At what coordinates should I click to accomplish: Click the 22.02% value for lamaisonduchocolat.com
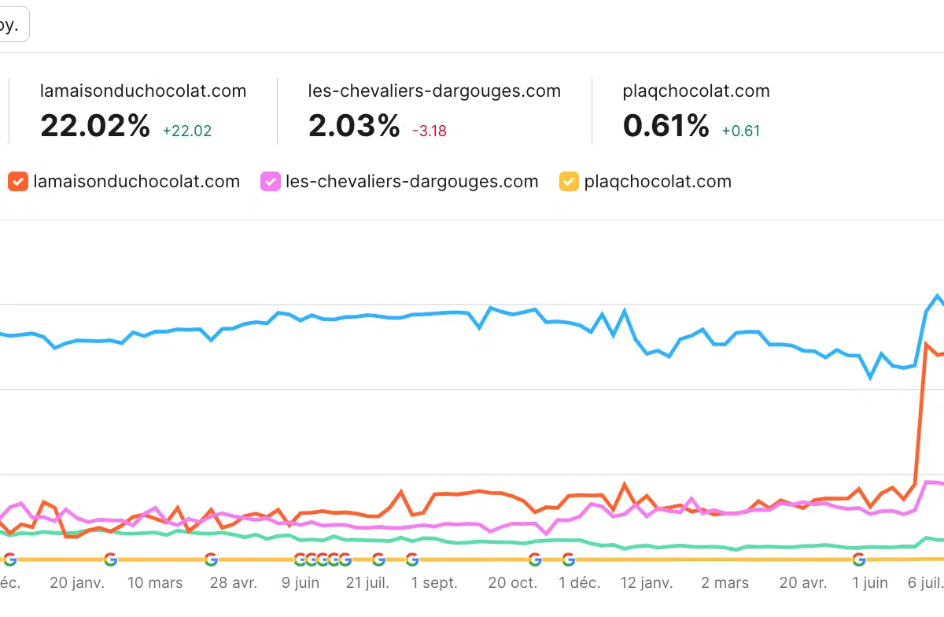tap(94, 126)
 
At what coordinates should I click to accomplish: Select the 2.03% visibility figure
tap(354, 126)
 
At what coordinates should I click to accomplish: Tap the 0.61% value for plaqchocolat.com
tap(666, 126)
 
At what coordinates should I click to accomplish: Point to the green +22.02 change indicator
tap(187, 131)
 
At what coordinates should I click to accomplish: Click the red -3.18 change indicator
tap(430, 131)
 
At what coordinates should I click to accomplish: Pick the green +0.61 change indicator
tap(741, 131)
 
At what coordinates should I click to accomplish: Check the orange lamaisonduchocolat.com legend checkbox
tap(18, 182)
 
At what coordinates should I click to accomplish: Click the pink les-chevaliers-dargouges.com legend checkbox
tap(271, 182)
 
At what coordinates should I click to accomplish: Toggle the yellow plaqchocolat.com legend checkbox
tap(569, 182)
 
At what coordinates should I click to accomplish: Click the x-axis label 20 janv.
tap(77, 583)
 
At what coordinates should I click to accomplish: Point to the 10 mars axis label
tap(154, 583)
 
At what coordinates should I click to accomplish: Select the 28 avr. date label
tap(233, 583)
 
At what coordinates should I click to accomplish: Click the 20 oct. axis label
tap(512, 583)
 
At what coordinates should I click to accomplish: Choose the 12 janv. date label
tap(646, 583)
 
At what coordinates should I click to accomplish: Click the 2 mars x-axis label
tap(725, 583)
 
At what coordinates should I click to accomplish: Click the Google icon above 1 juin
tap(859, 560)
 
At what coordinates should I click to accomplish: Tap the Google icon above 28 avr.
tap(211, 560)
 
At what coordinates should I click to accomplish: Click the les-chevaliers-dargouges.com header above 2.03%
tap(434, 91)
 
